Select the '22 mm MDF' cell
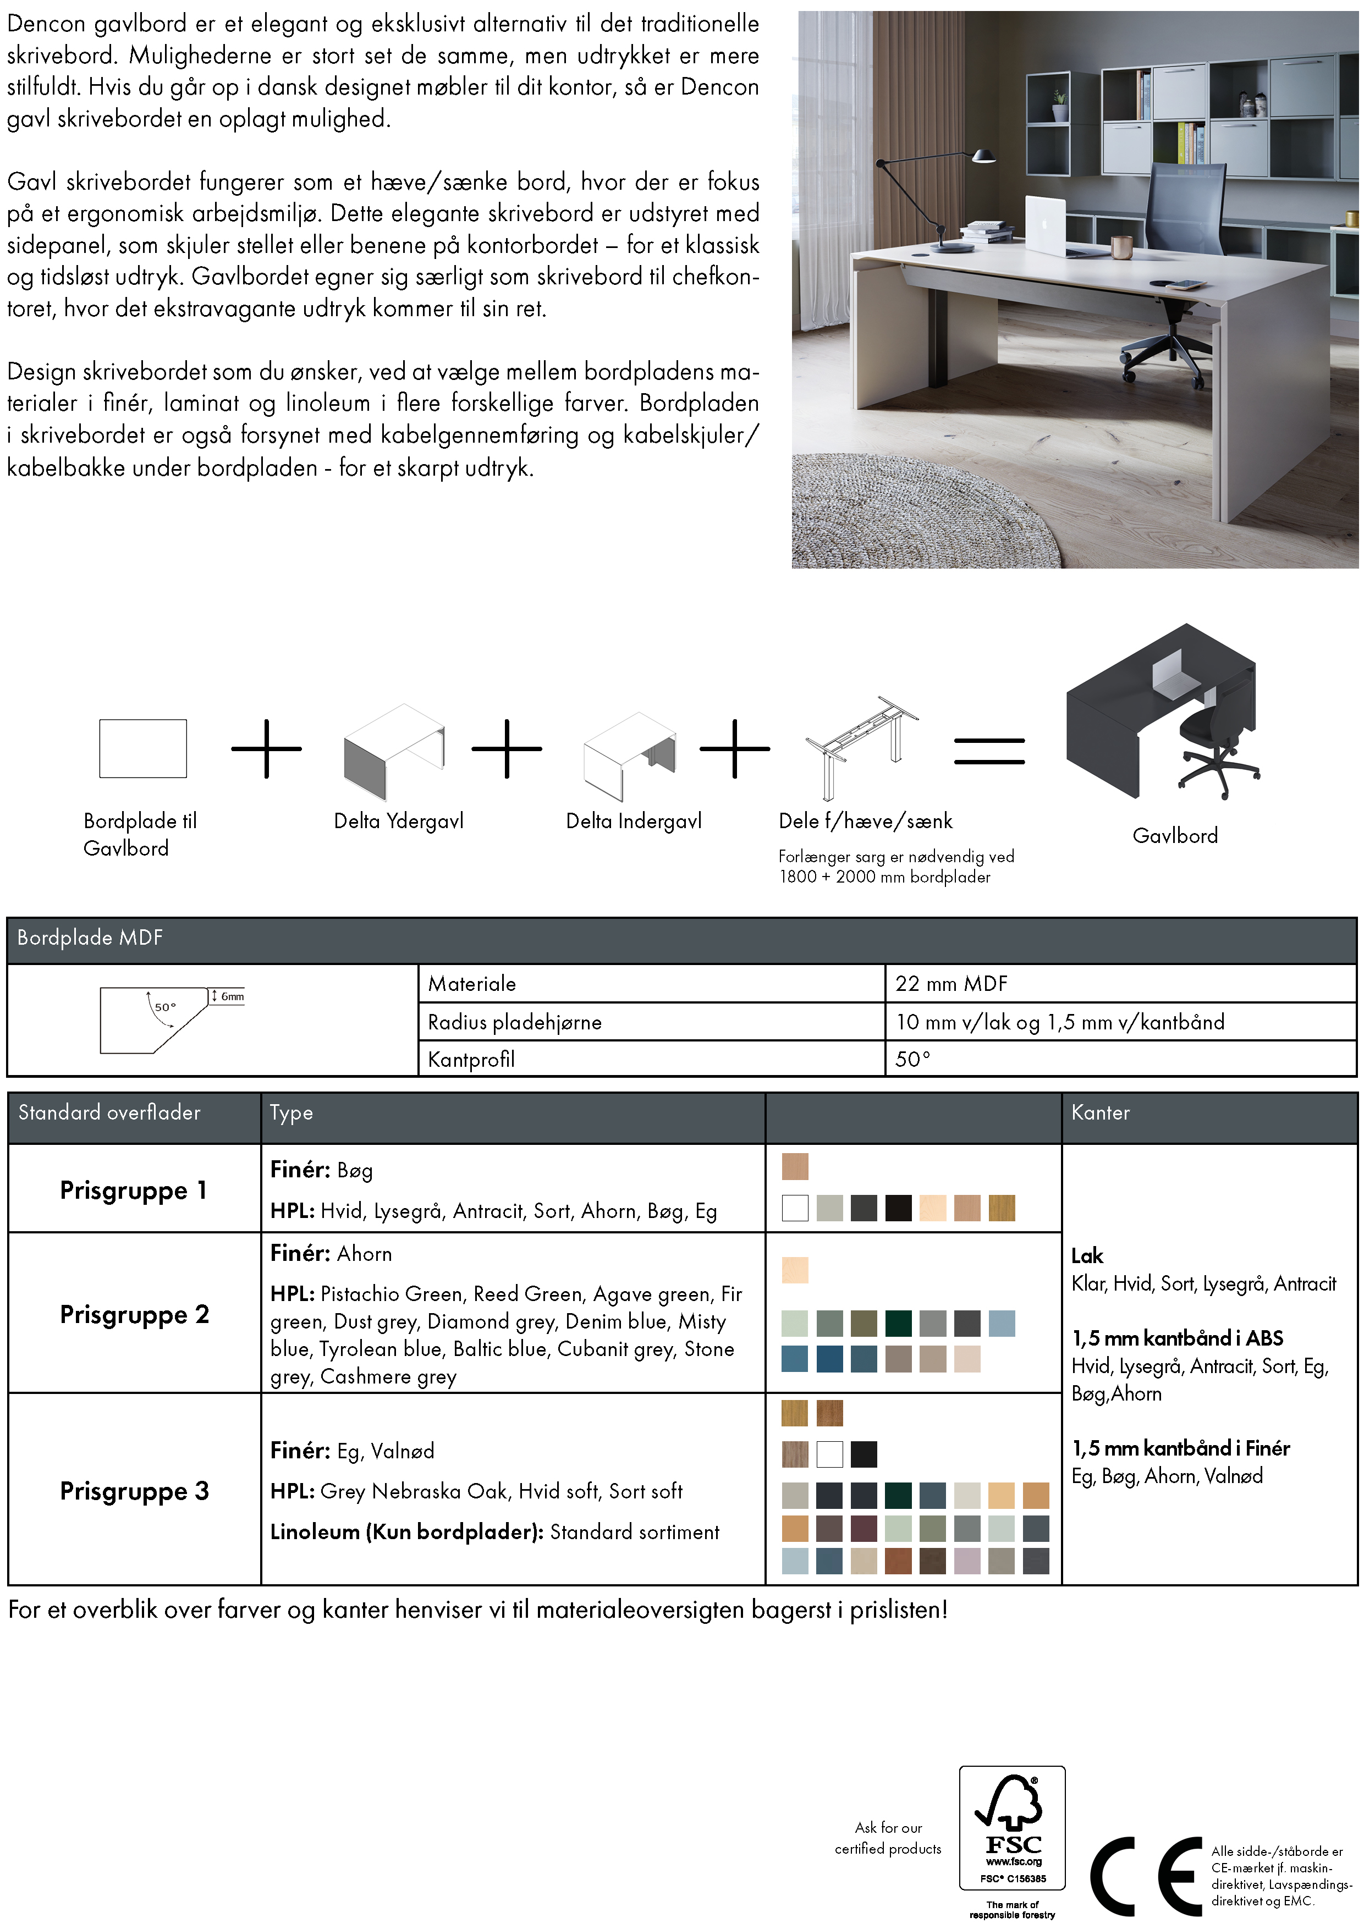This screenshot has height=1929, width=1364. pyautogui.click(x=952, y=984)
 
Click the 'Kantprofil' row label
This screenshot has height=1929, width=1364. pyautogui.click(x=471, y=1060)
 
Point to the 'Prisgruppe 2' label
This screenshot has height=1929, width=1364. pyautogui.click(x=134, y=1315)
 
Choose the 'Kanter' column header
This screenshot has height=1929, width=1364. pyautogui.click(x=1100, y=1113)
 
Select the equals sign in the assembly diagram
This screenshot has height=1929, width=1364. pyautogui.click(x=989, y=751)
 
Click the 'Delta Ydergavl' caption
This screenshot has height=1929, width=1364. pyautogui.click(x=398, y=822)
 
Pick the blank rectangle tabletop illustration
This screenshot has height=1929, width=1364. pyautogui.click(x=143, y=748)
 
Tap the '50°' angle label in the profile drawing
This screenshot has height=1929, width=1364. pyautogui.click(x=164, y=1006)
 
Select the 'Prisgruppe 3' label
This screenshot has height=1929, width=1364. pyautogui.click(x=134, y=1491)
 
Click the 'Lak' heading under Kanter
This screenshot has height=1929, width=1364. pyautogui.click(x=1087, y=1256)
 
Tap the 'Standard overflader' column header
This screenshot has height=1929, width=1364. pyautogui.click(x=109, y=1113)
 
